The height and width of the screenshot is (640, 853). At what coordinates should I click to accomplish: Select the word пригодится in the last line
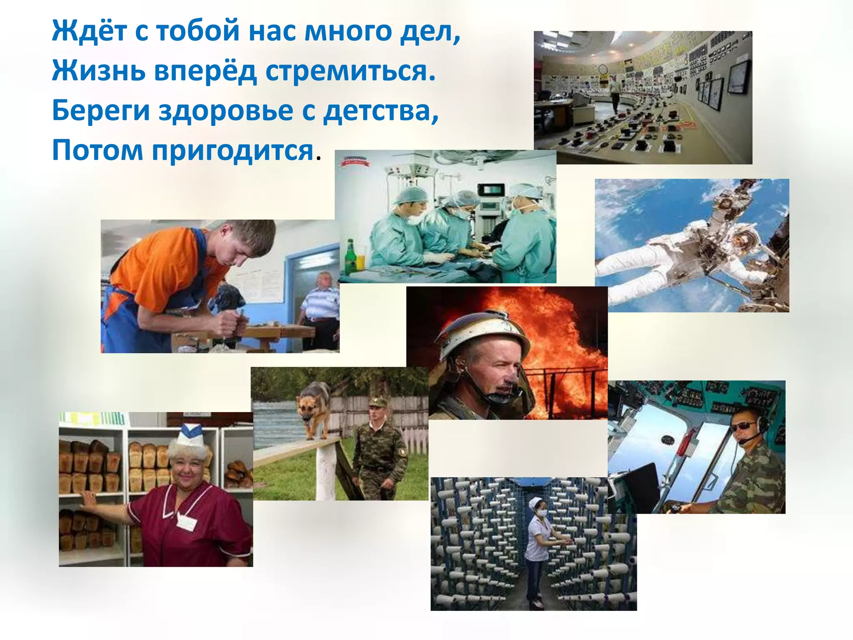[232, 150]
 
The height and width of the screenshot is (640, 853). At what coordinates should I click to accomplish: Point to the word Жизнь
[99, 71]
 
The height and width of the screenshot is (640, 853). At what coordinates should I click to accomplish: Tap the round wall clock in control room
[603, 69]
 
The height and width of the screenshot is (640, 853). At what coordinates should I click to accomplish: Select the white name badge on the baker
[186, 521]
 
